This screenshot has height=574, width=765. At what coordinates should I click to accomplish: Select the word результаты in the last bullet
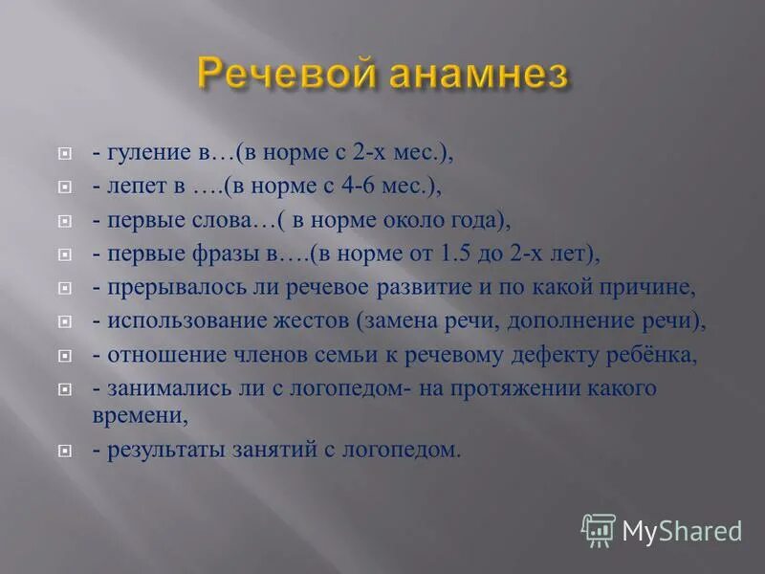click(164, 449)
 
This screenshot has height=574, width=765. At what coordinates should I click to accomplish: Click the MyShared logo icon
click(598, 530)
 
